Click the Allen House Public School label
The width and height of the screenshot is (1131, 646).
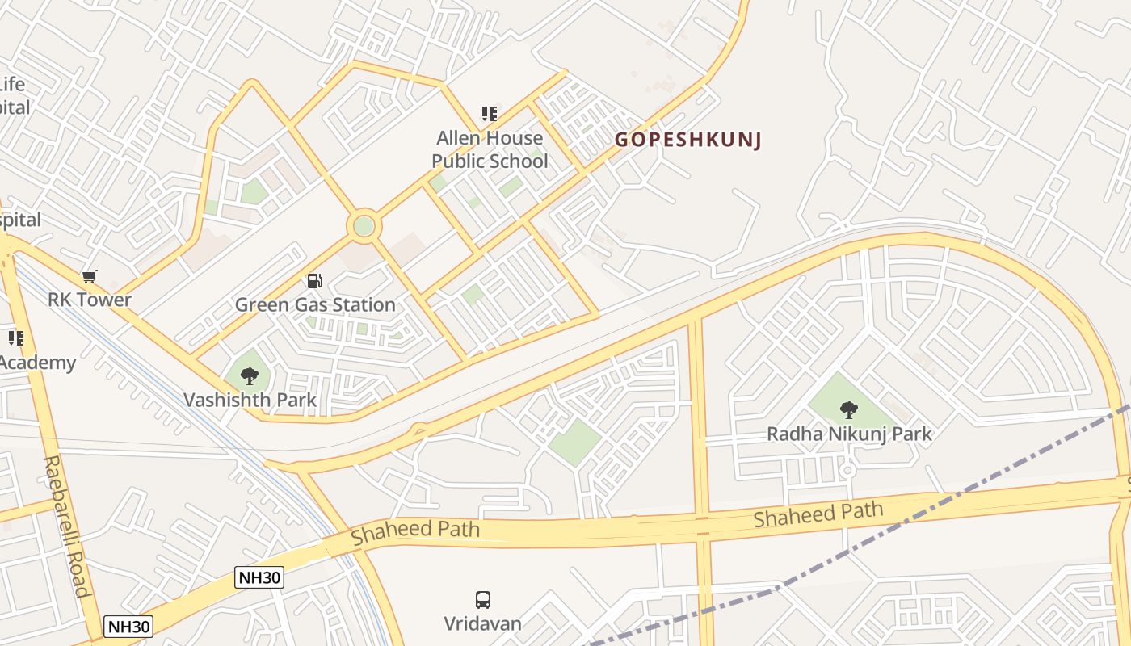[x=490, y=149]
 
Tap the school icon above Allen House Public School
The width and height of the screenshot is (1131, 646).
[x=489, y=114]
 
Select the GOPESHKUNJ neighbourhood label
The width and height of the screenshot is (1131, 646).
[x=688, y=140]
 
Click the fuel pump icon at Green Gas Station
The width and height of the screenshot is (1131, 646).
[x=315, y=281]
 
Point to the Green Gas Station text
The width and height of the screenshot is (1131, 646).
[x=315, y=304]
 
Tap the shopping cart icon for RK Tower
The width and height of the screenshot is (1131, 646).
[x=90, y=277]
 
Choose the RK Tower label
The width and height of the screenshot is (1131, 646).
[x=90, y=300]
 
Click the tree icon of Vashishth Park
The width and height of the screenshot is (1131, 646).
[x=250, y=375]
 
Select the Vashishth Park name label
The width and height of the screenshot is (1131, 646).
[x=250, y=400]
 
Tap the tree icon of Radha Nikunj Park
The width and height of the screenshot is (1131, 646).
[x=848, y=410]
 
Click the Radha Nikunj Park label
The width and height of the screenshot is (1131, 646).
[x=849, y=434]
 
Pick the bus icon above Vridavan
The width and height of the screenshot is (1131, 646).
[x=482, y=600]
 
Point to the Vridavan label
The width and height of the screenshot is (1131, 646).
[x=482, y=623]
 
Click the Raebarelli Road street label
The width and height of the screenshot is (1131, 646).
[x=65, y=526]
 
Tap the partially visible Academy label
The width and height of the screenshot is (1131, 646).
[x=37, y=363]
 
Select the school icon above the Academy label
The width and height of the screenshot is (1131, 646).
[x=15, y=338]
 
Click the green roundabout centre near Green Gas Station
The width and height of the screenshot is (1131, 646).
[x=364, y=226]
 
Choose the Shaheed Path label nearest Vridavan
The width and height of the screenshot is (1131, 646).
[x=415, y=531]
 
